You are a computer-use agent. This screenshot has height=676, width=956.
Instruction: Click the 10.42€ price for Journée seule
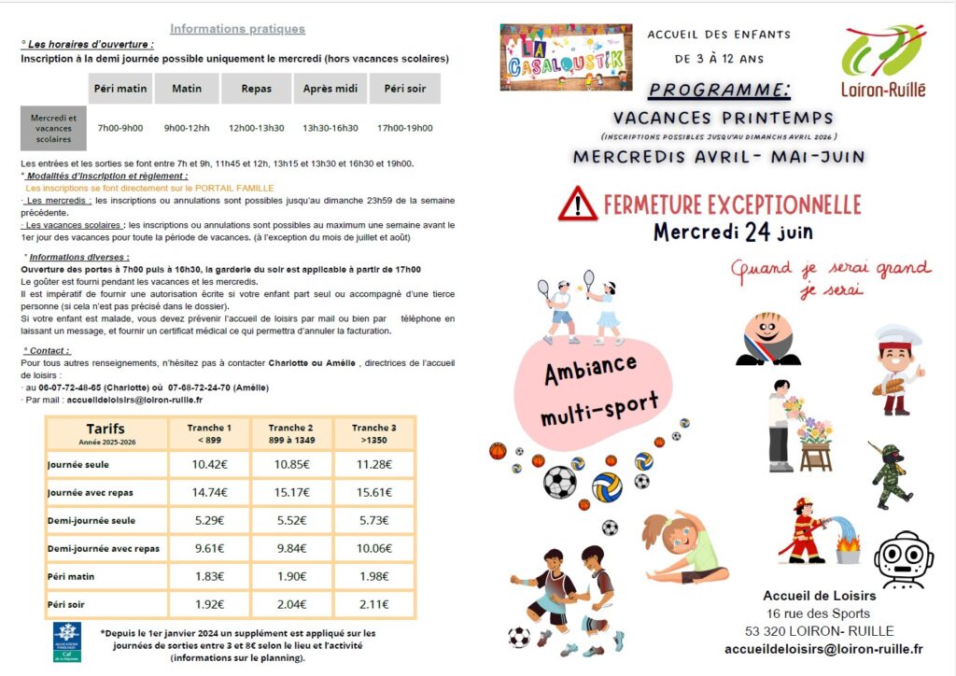tap(210, 464)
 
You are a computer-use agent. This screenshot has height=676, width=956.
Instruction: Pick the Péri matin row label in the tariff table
tap(72, 576)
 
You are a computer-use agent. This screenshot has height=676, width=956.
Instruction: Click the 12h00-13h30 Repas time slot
tap(256, 128)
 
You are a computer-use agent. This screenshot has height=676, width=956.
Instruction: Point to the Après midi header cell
tap(330, 89)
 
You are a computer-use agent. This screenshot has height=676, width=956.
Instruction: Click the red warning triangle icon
tap(578, 204)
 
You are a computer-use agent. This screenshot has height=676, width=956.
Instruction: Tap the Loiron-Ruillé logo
tap(883, 62)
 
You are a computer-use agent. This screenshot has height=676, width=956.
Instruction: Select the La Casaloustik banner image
tap(566, 58)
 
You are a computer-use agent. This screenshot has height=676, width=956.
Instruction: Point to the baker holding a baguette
tap(897, 368)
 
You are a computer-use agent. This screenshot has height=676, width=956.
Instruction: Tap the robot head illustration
tap(903, 558)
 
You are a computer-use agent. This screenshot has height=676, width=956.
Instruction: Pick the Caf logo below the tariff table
tap(67, 641)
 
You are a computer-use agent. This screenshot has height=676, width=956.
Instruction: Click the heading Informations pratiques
tap(237, 29)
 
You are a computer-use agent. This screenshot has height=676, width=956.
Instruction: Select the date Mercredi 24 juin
tap(733, 232)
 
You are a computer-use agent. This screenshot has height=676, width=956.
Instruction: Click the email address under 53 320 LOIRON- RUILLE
tap(823, 649)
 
